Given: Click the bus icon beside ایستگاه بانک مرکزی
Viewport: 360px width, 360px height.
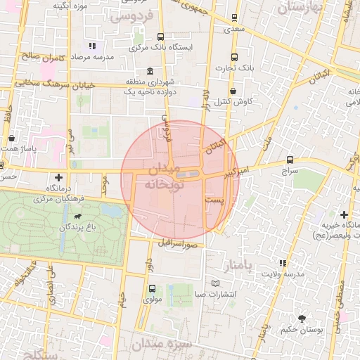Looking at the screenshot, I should [x=160, y=37].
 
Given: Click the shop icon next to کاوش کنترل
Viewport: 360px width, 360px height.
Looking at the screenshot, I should [x=233, y=91].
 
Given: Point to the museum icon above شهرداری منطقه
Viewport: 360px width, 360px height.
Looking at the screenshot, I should [x=149, y=72].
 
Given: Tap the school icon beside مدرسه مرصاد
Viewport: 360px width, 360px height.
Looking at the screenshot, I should [x=91, y=45].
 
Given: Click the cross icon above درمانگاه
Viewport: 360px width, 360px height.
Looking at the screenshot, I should [x=58, y=178].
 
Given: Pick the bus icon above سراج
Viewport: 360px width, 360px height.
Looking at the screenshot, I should [x=290, y=160].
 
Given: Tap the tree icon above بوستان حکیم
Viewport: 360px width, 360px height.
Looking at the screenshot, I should [x=302, y=319].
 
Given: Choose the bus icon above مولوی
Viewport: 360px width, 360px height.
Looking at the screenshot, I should [x=152, y=288].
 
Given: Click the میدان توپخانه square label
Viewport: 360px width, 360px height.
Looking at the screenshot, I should [x=162, y=179].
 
